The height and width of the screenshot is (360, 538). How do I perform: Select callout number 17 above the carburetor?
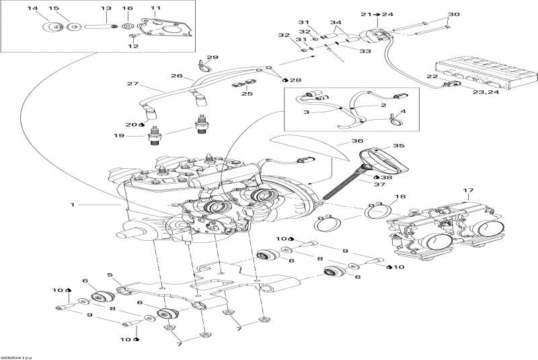click(x=468, y=190)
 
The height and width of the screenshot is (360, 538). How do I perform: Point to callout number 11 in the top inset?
click(x=155, y=8)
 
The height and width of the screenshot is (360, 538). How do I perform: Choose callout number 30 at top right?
click(x=454, y=14)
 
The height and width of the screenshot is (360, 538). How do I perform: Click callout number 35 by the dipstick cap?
click(x=399, y=145)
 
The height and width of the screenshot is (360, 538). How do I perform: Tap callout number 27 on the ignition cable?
click(x=132, y=84)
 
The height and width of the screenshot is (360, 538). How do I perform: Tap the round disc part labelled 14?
click(x=48, y=28)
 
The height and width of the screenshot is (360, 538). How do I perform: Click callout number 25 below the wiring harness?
click(x=247, y=94)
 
